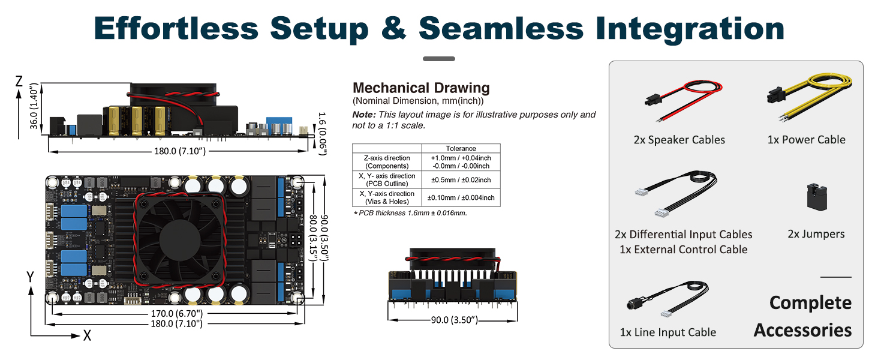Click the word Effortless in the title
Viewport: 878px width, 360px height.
[x=176, y=28]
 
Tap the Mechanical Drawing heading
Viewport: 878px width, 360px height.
[x=421, y=88]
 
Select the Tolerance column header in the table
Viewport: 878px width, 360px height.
[x=461, y=148]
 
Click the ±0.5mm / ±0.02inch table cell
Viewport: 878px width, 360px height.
[x=461, y=179]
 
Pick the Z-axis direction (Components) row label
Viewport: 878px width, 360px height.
[x=387, y=161]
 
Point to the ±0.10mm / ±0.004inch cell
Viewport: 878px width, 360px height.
[x=461, y=197]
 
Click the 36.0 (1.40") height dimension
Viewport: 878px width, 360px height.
[x=34, y=106]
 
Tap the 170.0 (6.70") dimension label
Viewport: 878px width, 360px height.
[x=177, y=313]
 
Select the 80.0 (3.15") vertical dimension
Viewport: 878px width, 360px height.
[x=313, y=238]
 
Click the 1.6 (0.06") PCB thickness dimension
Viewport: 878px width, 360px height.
[x=322, y=134]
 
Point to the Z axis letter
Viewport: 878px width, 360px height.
[x=19, y=81]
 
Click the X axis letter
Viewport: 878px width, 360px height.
[x=87, y=335]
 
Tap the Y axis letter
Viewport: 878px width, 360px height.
[x=30, y=277]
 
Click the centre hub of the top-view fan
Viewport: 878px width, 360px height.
[x=180, y=239]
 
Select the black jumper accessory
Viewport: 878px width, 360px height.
[x=817, y=197]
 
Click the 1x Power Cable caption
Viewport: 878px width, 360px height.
[x=806, y=140]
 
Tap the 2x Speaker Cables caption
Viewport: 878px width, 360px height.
[x=679, y=140]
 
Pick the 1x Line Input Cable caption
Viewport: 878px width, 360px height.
[x=668, y=332]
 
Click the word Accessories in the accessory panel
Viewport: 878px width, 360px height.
[x=803, y=330]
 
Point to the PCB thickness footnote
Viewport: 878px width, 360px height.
[x=410, y=213]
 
